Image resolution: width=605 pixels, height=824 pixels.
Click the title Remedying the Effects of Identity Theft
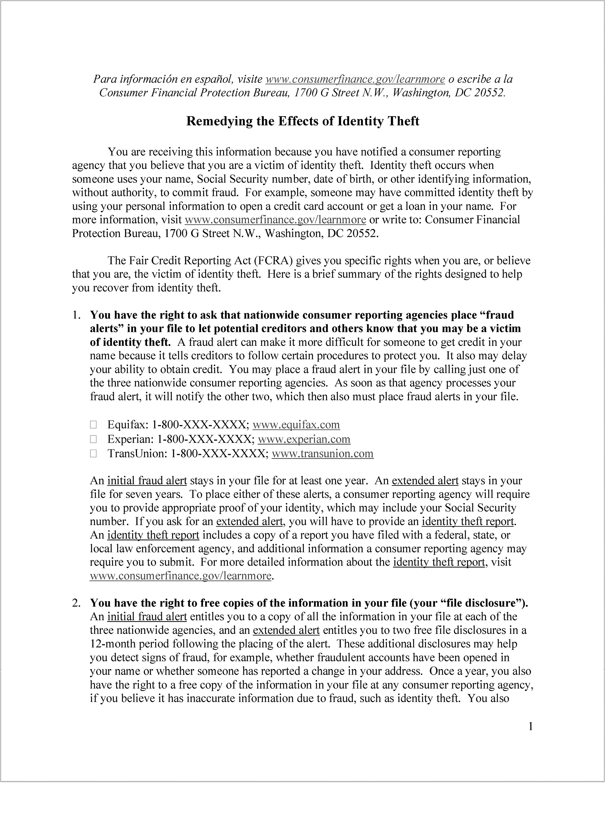pos(302,121)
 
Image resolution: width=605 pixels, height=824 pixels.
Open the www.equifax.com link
pos(296,425)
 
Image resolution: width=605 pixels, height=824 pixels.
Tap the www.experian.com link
pos(304,439)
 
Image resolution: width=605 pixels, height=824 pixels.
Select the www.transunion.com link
pos(322,454)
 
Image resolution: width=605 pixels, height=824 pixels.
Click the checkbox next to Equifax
pos(93,425)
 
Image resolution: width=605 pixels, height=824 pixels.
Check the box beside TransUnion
pos(93,454)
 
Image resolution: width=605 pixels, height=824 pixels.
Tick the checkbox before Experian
pos(93,439)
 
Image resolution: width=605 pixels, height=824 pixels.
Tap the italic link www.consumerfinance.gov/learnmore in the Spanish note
pos(355,79)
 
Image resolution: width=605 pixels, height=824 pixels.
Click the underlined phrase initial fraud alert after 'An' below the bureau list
pos(147,481)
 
